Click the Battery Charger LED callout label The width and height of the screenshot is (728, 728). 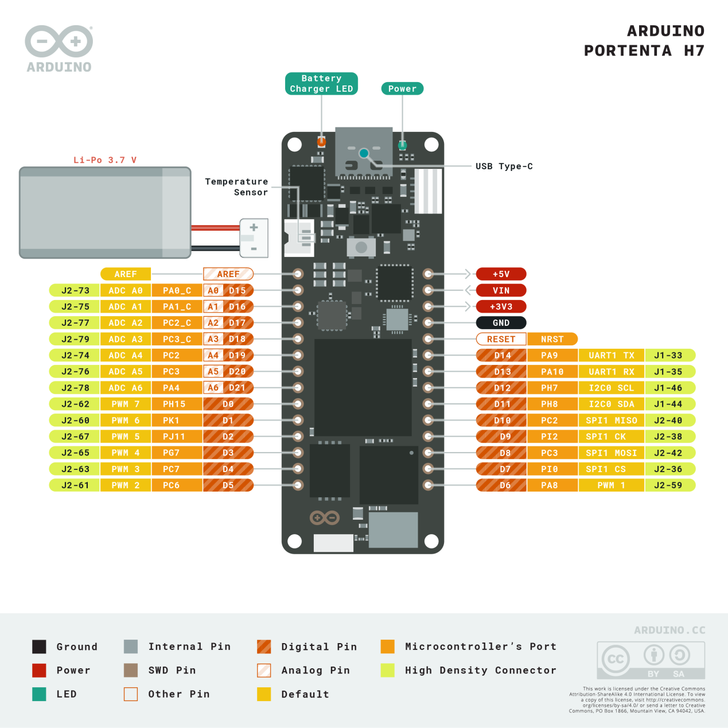click(321, 84)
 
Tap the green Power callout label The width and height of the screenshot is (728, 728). click(402, 88)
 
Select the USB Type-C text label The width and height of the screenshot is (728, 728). click(504, 166)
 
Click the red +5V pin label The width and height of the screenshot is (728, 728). click(501, 274)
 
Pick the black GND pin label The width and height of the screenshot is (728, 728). click(501, 323)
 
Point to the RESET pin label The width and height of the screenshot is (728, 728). click(501, 339)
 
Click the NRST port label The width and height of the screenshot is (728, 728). click(552, 339)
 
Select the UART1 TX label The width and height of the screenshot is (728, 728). click(612, 356)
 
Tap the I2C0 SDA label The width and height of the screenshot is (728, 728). click(612, 404)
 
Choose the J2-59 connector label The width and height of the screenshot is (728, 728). click(669, 485)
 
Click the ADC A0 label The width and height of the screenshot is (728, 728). click(126, 291)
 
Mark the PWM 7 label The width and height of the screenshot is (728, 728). click(126, 404)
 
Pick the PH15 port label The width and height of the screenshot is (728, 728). click(174, 404)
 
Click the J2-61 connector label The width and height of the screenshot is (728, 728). click(75, 485)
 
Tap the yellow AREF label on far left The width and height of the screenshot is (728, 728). click(126, 274)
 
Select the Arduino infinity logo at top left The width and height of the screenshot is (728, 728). click(59, 42)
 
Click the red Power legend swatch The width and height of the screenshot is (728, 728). click(39, 670)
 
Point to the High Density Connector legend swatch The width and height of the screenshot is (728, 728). click(387, 670)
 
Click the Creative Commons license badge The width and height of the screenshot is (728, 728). click(651, 660)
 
